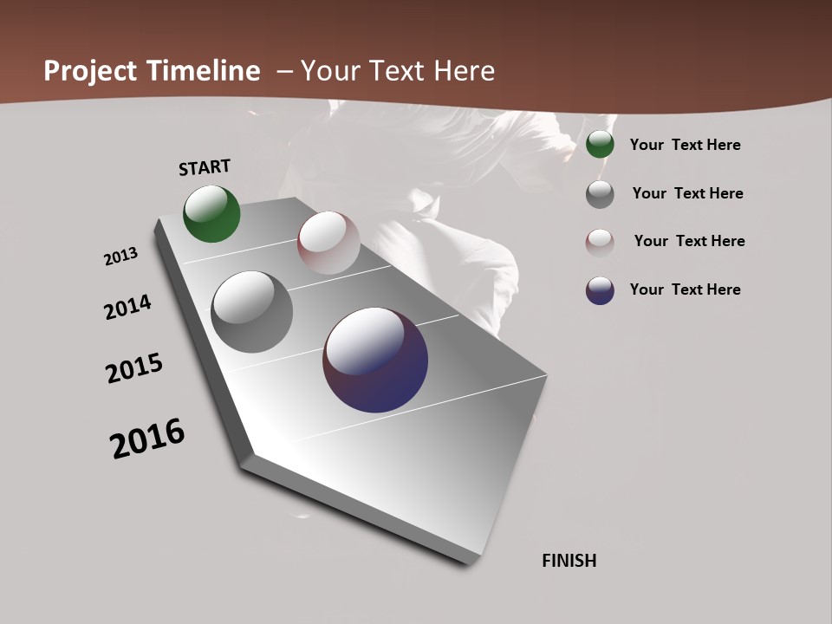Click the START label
coord(205,166)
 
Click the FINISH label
coord(569,561)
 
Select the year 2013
coord(121,257)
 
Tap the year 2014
coord(127,308)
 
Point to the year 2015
coord(134,368)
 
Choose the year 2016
coord(147,439)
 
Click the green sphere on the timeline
coord(211,213)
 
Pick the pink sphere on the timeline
coord(328,243)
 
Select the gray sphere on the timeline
coord(251,312)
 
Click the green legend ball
coord(600,145)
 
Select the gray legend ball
coord(600,194)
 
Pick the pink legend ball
coord(600,242)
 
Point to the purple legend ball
coord(600,290)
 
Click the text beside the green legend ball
coord(685,145)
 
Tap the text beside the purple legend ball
coord(685,289)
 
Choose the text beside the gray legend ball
coord(687,193)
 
